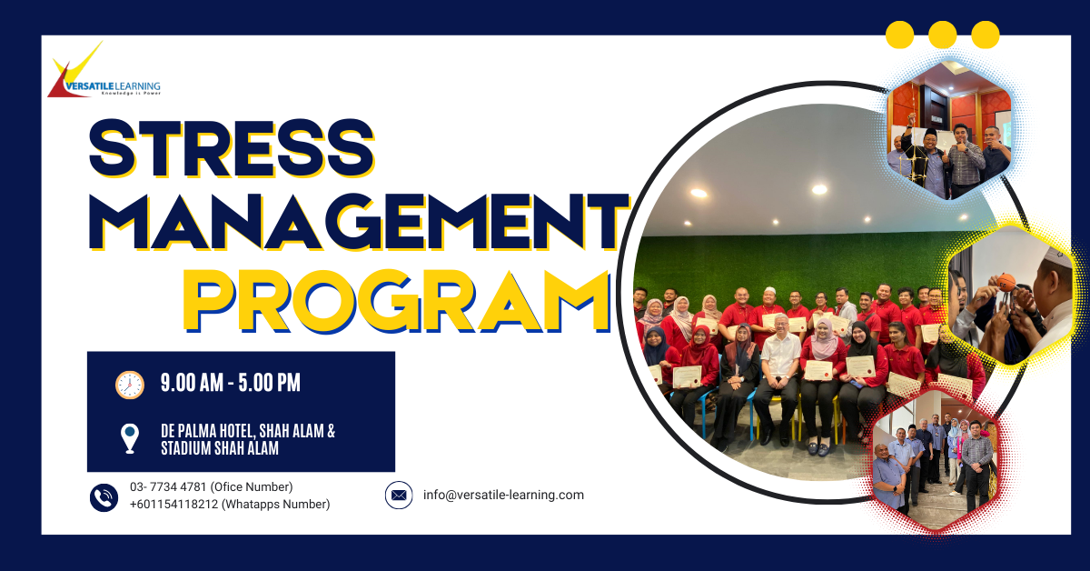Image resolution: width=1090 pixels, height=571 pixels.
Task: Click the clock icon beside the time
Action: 130,385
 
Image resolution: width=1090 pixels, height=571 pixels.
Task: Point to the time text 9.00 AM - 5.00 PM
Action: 231,384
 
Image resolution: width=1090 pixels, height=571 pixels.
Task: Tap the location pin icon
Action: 130,438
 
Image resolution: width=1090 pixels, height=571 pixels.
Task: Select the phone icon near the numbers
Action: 104,496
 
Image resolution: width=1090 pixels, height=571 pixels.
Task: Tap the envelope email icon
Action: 399,496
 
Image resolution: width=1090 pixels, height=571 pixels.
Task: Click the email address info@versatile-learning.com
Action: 503,496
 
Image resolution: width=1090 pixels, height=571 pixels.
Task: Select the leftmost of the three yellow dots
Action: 899,35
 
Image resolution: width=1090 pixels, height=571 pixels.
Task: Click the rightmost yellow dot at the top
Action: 986,35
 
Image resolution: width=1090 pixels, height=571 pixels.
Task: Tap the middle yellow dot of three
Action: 943,35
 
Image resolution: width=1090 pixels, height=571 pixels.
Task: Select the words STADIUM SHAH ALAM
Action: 220,449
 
